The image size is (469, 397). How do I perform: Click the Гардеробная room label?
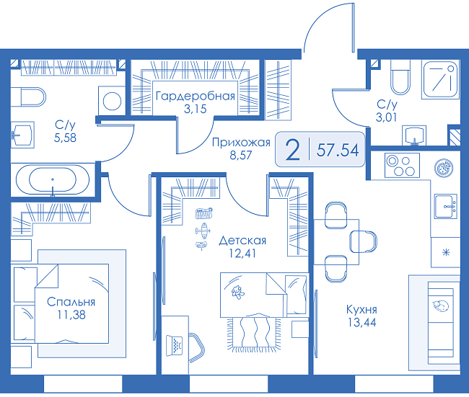(x=195, y=97)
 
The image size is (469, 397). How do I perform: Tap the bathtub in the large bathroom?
(x=53, y=179)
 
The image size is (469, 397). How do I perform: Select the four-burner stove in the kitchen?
(x=402, y=166)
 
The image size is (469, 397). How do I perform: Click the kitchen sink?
(x=446, y=206)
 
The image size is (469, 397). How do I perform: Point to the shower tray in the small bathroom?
(x=440, y=79)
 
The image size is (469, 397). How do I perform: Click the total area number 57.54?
(x=338, y=150)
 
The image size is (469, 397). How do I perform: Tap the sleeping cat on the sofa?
(x=440, y=305)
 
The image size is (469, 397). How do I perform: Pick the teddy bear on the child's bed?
(x=237, y=292)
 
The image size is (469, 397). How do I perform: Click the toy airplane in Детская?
(x=203, y=231)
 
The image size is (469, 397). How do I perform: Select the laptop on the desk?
(x=174, y=344)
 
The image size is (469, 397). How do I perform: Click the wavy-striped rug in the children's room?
(x=254, y=332)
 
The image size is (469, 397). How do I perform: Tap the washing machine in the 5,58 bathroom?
(x=112, y=101)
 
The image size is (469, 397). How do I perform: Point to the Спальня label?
(x=71, y=302)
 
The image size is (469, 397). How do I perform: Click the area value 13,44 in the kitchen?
(x=362, y=323)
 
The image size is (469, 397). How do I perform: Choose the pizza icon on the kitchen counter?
(x=444, y=167)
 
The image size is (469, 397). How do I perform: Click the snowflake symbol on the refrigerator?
(x=446, y=253)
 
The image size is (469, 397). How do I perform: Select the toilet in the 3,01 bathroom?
(x=400, y=77)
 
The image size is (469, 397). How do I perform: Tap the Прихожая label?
(x=241, y=143)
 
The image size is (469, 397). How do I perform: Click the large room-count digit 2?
(x=292, y=150)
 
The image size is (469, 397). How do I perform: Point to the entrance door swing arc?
(x=319, y=17)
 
